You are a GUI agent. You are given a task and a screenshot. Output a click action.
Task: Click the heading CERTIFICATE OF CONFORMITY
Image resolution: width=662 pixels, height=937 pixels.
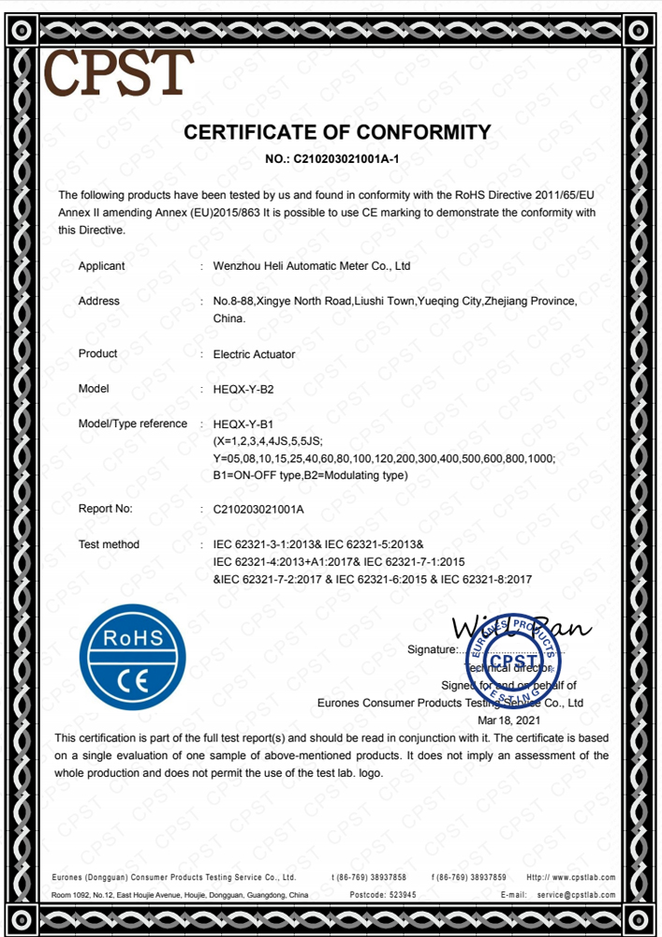pyautogui.click(x=337, y=132)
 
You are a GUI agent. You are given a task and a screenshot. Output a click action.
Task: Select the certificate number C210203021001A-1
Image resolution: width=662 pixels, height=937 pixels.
pyautogui.click(x=346, y=159)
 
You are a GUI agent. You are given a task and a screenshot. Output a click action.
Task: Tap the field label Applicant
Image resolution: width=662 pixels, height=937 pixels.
pyautogui.click(x=101, y=266)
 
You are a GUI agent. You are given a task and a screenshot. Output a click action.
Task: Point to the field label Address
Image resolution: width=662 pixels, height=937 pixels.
pyautogui.click(x=99, y=301)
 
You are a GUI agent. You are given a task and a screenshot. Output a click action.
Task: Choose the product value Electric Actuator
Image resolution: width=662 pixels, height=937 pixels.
pyautogui.click(x=254, y=354)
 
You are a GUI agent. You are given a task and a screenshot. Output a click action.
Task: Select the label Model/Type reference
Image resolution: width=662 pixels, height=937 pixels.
pyautogui.click(x=133, y=424)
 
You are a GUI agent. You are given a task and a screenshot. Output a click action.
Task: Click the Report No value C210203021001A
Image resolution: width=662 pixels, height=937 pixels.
pyautogui.click(x=259, y=509)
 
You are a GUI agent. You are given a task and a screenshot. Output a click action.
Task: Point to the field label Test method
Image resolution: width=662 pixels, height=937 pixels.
pyautogui.click(x=109, y=544)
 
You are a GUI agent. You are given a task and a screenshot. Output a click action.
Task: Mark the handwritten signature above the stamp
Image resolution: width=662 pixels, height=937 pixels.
pyautogui.click(x=520, y=628)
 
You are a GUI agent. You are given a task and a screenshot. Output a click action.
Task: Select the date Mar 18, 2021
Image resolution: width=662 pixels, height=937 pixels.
pyautogui.click(x=509, y=720)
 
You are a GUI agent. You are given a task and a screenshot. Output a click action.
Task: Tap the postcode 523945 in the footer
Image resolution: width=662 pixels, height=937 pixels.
pyautogui.click(x=396, y=895)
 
